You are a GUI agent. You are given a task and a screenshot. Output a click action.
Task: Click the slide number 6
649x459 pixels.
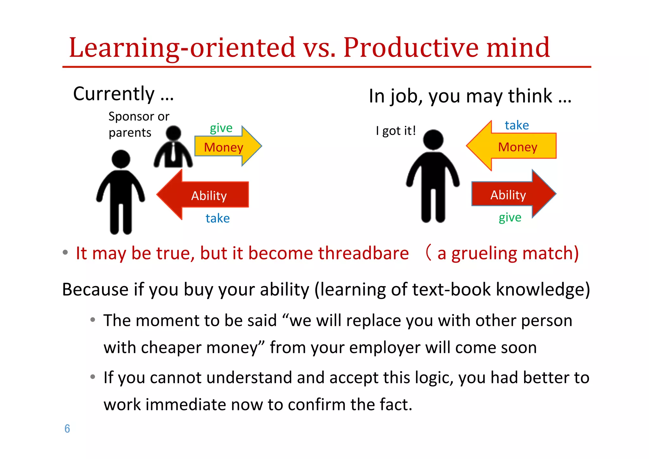(67, 429)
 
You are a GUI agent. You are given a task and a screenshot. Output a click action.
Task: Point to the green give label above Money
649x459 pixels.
(221, 128)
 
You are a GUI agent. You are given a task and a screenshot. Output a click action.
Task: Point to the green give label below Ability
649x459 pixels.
(510, 218)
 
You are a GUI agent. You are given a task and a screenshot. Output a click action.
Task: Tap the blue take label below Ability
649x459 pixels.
(218, 218)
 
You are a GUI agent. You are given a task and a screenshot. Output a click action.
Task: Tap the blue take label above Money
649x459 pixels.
(517, 125)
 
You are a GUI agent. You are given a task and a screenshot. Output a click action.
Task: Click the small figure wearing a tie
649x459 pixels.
(173, 148)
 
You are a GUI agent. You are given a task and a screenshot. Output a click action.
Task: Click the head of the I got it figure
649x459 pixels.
(433, 140)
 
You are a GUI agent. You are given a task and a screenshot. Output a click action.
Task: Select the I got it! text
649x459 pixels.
(396, 131)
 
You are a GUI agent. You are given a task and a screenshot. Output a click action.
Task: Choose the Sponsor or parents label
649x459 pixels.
(138, 124)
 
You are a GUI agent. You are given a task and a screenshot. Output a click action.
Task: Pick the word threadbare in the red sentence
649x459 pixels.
(363, 253)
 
